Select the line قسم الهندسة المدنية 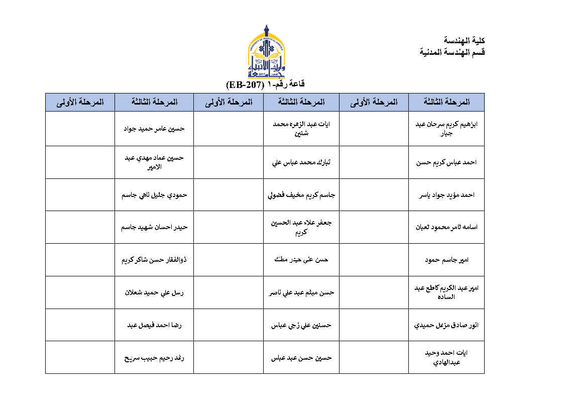click(x=452, y=52)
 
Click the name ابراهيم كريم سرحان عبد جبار click(x=446, y=129)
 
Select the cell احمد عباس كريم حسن click(x=446, y=162)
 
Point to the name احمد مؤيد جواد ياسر click(x=446, y=195)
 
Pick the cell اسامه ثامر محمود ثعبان click(x=446, y=227)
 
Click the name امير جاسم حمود click(x=446, y=260)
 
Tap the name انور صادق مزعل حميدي click(x=446, y=325)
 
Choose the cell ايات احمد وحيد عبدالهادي click(x=446, y=357)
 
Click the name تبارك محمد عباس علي click(x=301, y=162)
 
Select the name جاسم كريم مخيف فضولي click(x=301, y=195)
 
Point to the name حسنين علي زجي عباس click(x=301, y=325)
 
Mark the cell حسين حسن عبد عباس click(x=301, y=358)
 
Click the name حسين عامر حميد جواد click(x=154, y=129)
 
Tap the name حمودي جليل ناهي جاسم click(x=154, y=195)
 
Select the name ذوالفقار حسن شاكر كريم click(x=154, y=260)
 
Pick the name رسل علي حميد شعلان click(x=154, y=292)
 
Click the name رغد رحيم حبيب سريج click(x=154, y=358)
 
